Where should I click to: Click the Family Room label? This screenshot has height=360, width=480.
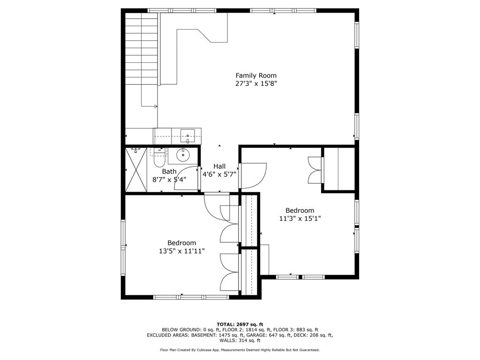click(x=256, y=75)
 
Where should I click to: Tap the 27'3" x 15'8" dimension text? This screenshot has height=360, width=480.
click(x=256, y=83)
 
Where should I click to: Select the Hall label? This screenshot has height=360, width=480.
click(x=219, y=166)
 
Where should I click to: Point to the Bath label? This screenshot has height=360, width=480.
click(x=169, y=172)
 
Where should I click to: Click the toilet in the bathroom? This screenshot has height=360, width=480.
click(x=159, y=157)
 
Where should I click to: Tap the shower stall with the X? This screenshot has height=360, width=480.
click(x=136, y=170)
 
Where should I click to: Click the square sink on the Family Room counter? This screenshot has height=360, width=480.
click(x=187, y=136)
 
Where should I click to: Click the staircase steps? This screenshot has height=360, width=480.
click(x=142, y=49)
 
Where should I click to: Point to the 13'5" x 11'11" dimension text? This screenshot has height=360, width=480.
click(x=182, y=251)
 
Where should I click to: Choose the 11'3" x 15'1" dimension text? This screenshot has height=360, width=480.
click(x=300, y=218)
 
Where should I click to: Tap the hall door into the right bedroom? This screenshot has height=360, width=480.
click(x=253, y=176)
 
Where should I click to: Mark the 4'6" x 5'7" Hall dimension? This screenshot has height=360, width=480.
click(x=219, y=174)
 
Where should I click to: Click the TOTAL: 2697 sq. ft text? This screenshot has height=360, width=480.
click(x=240, y=324)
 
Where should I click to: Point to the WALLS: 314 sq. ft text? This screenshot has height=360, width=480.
click(x=240, y=340)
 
